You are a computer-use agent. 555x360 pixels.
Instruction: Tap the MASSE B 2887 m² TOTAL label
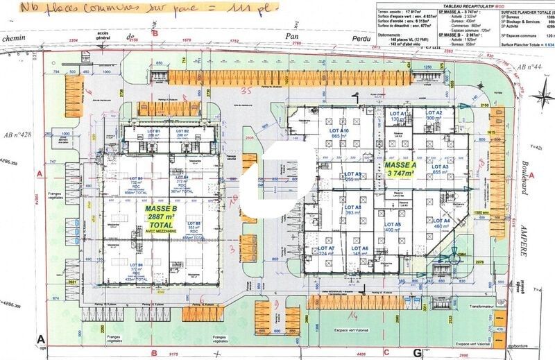tap(162, 217)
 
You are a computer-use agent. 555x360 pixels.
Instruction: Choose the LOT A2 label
tap(434, 115)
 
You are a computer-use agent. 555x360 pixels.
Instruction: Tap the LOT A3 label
tap(441, 169)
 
